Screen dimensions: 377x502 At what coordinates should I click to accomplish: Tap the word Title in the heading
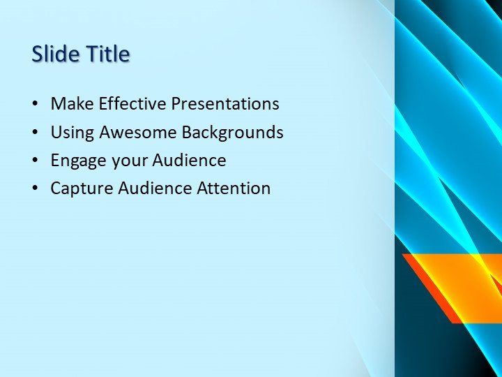pyautogui.click(x=107, y=54)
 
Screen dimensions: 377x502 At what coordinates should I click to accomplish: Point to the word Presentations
pyautogui.click(x=225, y=104)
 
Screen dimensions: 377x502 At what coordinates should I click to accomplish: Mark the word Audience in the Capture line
pyautogui.click(x=152, y=188)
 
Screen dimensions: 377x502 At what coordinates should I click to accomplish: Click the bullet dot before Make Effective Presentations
pyautogui.click(x=36, y=105)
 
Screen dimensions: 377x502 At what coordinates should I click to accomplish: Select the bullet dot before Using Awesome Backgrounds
pyautogui.click(x=36, y=133)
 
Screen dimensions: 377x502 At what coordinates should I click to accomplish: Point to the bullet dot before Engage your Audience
pyautogui.click(x=36, y=161)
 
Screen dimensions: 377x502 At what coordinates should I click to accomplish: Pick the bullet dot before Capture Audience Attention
pyautogui.click(x=36, y=188)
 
